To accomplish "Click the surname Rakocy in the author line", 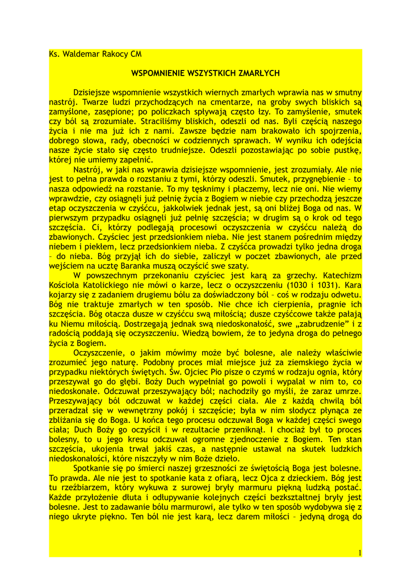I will [x=112, y=55].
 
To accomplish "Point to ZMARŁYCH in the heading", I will [x=259, y=73].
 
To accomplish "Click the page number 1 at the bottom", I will [x=359, y=552].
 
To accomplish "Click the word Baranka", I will [x=143, y=265].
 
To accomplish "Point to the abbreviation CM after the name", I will [x=135, y=55].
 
